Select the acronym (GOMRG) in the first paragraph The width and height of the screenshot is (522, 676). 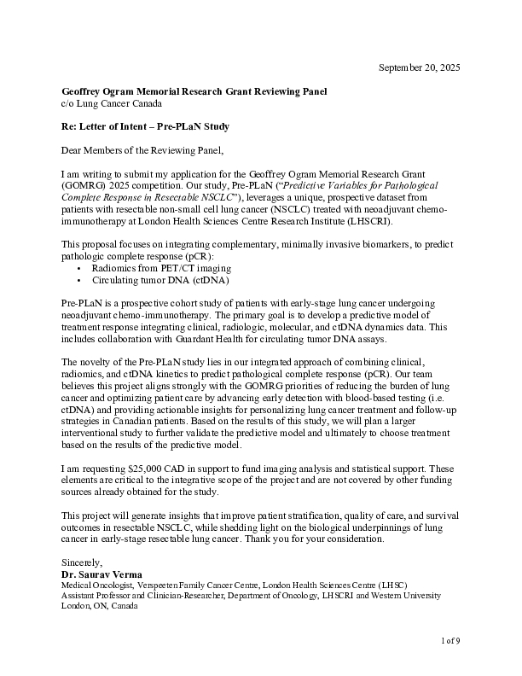coord(83,185)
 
